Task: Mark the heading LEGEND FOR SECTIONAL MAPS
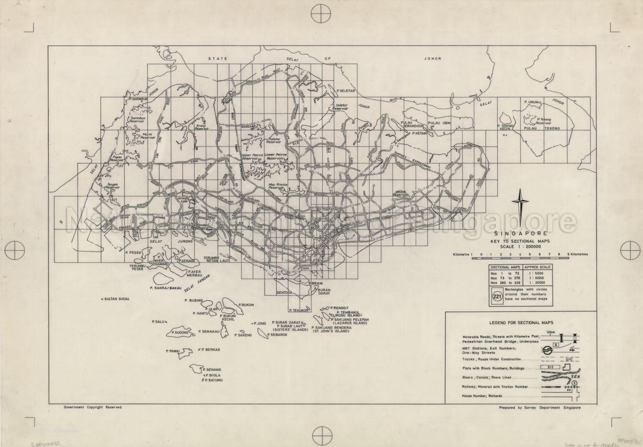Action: click(x=521, y=323)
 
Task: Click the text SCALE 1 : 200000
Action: click(x=521, y=247)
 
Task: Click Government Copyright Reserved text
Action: click(x=93, y=407)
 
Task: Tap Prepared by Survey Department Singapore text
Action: click(x=540, y=407)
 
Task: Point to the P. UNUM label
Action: click(x=532, y=102)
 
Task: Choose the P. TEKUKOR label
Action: click(x=299, y=311)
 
